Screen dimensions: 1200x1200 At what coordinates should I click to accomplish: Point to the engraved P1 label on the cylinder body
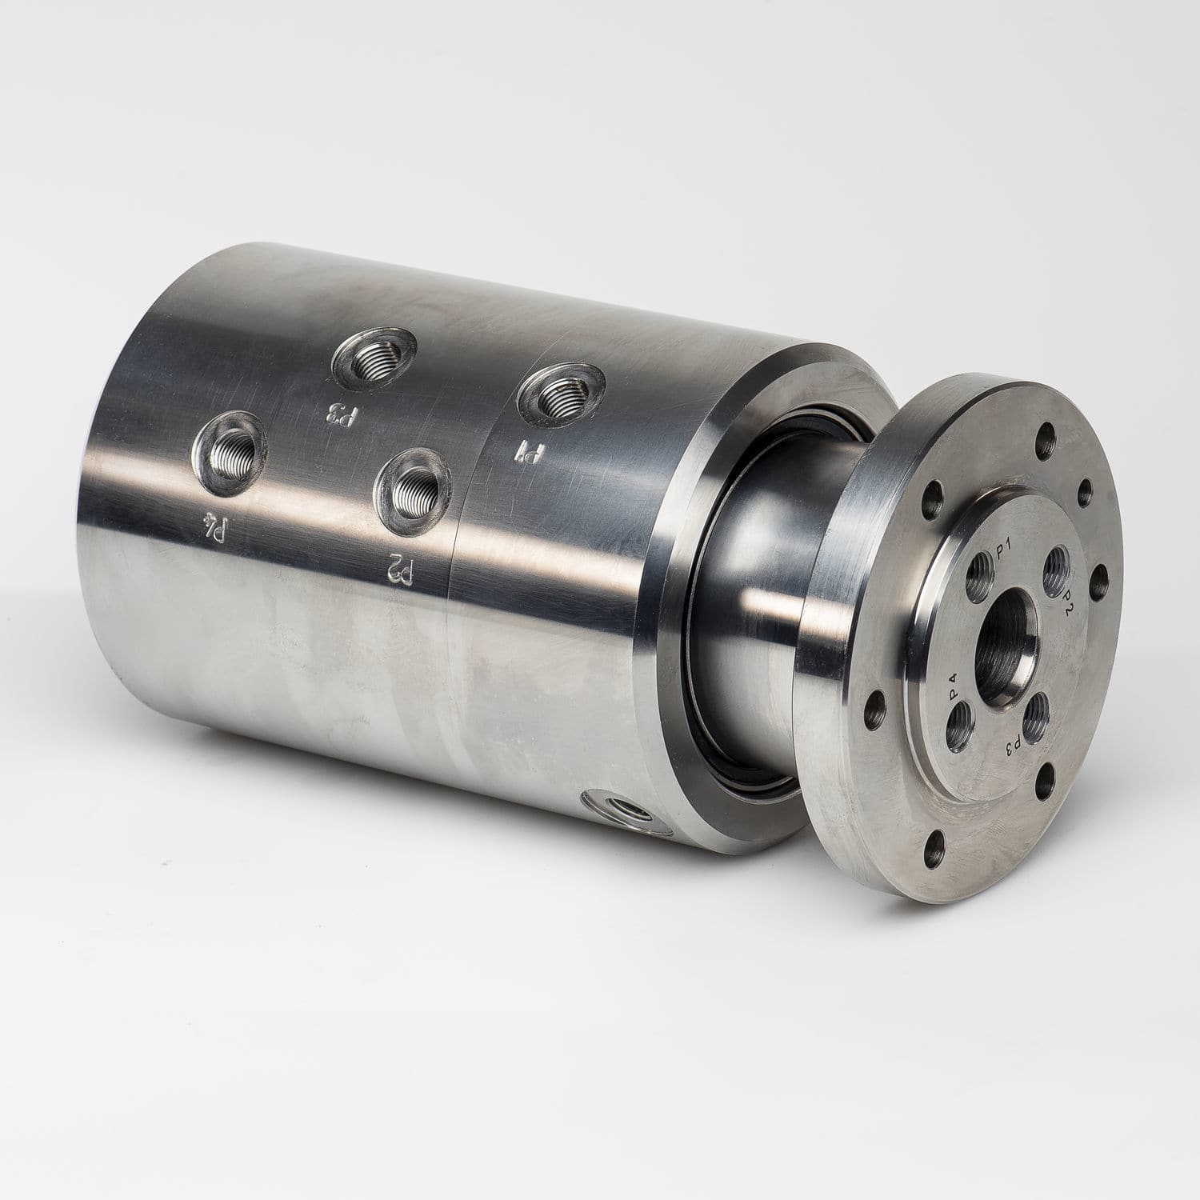tap(529, 453)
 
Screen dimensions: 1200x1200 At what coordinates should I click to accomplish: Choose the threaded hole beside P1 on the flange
tap(981, 573)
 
